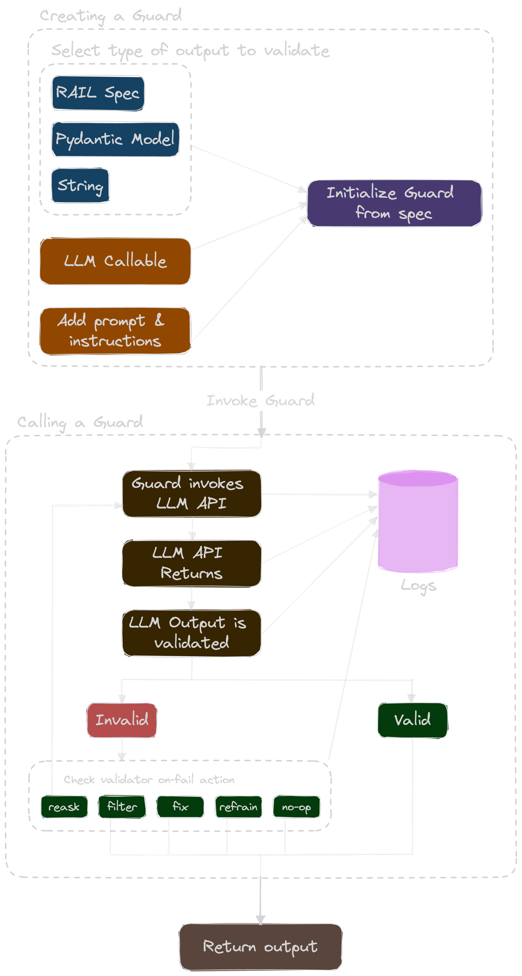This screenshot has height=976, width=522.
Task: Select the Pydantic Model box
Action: (115, 139)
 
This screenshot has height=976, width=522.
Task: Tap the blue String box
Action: (80, 186)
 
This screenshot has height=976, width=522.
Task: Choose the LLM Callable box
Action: (115, 261)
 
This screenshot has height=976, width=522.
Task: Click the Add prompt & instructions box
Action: (115, 331)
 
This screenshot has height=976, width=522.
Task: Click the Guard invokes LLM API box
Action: (191, 494)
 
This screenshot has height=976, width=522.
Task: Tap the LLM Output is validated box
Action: (191, 633)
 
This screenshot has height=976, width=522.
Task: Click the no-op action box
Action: (296, 807)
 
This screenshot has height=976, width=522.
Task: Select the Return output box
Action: (261, 946)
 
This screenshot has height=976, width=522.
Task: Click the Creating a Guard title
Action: (111, 16)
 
